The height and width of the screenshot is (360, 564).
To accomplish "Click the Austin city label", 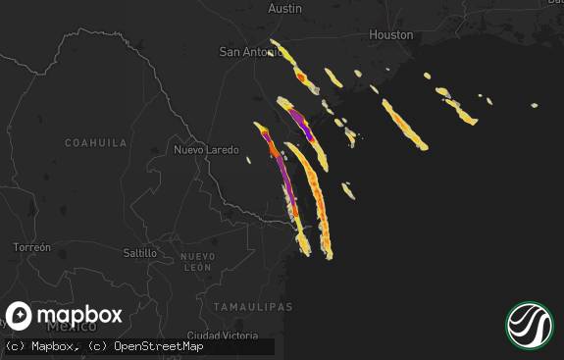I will coord(284,8).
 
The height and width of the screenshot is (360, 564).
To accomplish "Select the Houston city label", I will coord(390,34).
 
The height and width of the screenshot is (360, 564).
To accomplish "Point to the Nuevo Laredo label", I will coord(205,150).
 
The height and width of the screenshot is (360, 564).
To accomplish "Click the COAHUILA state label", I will coord(96,142).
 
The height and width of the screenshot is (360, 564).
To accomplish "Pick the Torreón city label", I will coord(31,248).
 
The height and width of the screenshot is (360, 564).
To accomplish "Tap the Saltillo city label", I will coord(140,253).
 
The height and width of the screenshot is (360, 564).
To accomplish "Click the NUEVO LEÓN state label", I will coord(198,262).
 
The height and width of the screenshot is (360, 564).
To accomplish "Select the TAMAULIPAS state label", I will coord(254,307).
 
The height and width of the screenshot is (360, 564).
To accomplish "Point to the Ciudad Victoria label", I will coord(223,335).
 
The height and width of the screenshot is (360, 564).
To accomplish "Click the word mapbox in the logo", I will coord(79,315).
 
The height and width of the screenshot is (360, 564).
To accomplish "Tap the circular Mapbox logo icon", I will coord(20,316).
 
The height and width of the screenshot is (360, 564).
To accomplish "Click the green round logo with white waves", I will coord(530,325).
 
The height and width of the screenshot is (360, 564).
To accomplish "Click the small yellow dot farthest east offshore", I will coord(535,105).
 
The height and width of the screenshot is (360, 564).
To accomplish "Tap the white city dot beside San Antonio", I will coord(271,53).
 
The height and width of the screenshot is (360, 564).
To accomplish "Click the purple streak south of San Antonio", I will coord(300,123).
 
